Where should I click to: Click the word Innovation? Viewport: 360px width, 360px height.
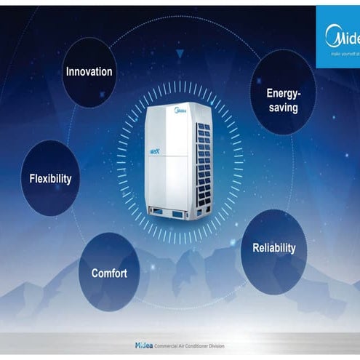89,72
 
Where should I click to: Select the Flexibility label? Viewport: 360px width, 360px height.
50,178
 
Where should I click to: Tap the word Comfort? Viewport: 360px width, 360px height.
109,273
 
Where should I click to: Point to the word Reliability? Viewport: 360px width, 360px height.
274,248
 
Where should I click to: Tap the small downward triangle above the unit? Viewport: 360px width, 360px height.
180,53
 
